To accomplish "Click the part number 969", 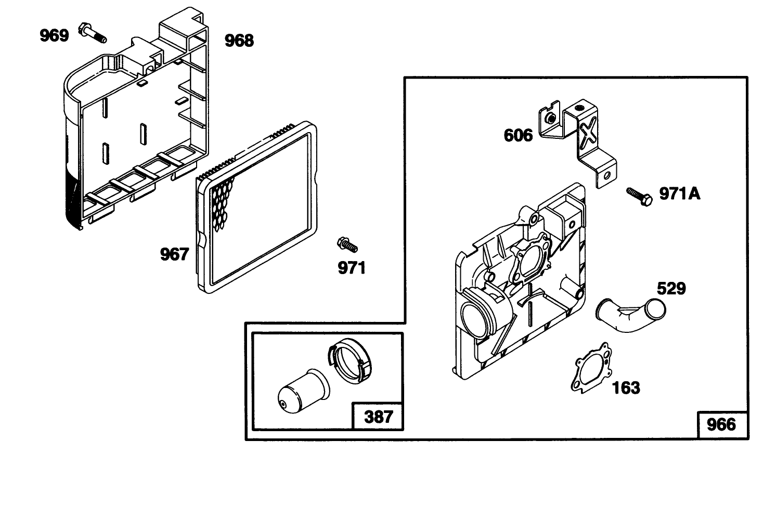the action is click(x=54, y=35).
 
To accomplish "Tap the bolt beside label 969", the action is click(x=92, y=33).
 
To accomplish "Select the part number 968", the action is click(x=239, y=41).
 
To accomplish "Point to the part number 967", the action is click(x=174, y=254).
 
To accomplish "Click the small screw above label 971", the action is click(x=347, y=244).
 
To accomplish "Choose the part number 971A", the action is click(x=680, y=194).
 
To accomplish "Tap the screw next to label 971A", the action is click(x=639, y=197).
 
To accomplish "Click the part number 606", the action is click(x=518, y=135).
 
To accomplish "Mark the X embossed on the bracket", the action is click(x=588, y=134).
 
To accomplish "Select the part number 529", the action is click(x=671, y=289).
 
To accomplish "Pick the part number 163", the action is click(x=626, y=388).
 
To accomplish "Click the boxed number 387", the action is click(x=379, y=417).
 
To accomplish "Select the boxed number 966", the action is click(x=721, y=424).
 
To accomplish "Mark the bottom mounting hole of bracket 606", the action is click(x=606, y=176).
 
